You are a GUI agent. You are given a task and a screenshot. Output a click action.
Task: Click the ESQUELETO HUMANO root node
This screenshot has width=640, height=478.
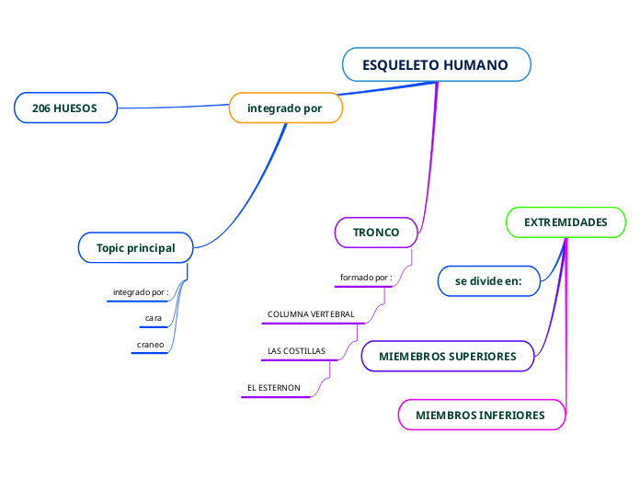tap(436, 65)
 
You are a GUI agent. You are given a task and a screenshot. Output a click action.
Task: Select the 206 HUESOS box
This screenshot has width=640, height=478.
tap(65, 108)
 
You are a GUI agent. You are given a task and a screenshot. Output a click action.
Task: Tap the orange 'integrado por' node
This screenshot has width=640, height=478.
tap(285, 108)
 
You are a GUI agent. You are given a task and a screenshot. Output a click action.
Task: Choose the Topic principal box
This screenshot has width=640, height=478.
tap(135, 248)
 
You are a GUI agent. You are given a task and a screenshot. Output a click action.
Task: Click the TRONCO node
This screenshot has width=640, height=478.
tap(376, 233)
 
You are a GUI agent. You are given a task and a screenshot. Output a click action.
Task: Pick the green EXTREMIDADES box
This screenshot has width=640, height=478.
tap(566, 222)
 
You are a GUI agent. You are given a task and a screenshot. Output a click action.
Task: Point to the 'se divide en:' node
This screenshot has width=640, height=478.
tap(488, 281)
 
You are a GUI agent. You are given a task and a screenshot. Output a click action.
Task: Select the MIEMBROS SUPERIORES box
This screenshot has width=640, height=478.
tap(448, 356)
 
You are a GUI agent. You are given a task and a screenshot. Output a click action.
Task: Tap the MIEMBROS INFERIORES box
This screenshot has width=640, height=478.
tap(480, 415)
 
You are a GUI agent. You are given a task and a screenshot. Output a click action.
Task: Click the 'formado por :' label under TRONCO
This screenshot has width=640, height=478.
tap(366, 278)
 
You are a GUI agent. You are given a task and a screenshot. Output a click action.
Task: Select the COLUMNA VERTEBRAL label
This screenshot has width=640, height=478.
tap(311, 314)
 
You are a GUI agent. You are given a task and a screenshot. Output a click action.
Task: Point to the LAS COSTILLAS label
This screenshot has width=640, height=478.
tap(296, 351)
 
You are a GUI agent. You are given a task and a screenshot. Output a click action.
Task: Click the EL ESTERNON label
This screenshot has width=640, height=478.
tap(274, 388)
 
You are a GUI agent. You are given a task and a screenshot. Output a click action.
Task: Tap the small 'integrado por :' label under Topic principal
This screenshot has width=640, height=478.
tap(141, 292)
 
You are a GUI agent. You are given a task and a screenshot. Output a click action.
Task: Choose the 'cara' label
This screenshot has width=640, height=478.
tap(154, 318)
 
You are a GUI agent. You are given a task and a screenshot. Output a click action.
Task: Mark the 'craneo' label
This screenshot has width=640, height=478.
tap(151, 344)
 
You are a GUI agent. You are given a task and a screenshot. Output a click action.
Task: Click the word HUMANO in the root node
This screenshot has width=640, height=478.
tap(475, 65)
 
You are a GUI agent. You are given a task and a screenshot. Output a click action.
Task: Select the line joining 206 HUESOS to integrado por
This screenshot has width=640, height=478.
tap(175, 108)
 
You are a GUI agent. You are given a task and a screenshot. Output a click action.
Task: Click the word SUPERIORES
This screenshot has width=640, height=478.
tap(479, 356)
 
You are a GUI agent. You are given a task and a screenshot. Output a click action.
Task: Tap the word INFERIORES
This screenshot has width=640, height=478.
tap(510, 415)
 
